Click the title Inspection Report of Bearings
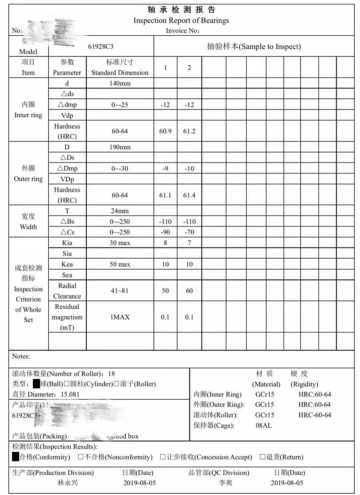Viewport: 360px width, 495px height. coord(181,20)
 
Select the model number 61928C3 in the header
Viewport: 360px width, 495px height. coord(101,46)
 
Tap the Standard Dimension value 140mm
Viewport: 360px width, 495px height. coord(120,83)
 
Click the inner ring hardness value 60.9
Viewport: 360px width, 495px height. coord(165,131)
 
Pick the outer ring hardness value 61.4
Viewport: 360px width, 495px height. coord(189,195)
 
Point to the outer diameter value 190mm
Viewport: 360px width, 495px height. coord(120,147)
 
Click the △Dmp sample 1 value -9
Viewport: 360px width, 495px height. coord(165,168)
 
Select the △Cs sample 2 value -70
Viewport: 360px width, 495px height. coord(189,232)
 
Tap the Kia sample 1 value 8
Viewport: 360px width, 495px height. coord(165,243)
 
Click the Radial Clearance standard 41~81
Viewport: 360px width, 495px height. coord(120,291)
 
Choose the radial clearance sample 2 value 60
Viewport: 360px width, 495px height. coord(189,291)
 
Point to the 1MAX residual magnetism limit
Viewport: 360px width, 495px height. coord(120,317)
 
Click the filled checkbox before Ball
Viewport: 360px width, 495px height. coord(36,384)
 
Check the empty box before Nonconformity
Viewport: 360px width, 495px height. coord(81,457)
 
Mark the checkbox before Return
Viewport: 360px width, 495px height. coord(262,457)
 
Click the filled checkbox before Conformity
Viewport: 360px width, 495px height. coord(15,457)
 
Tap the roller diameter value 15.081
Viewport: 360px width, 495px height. coord(70,394)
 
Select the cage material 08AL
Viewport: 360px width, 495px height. coord(264,425)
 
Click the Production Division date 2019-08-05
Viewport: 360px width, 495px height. coord(140,483)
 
